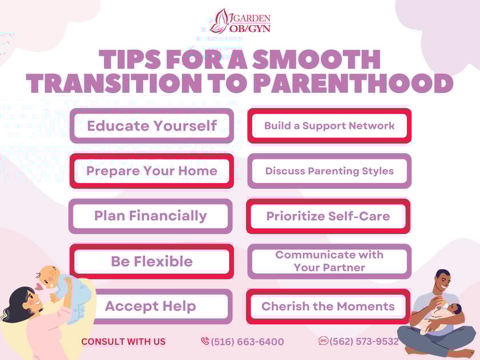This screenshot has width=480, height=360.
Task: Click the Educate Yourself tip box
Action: click(x=151, y=126)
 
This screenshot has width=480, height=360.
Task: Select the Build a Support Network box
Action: click(x=329, y=126)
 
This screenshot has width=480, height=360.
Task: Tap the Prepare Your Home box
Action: click(x=151, y=171)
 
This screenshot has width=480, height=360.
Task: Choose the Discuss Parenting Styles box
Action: click(x=329, y=171)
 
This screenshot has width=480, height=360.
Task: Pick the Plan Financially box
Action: click(x=150, y=216)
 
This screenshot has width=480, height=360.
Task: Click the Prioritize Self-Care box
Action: click(x=328, y=216)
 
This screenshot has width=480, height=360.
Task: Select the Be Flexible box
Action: click(x=151, y=261)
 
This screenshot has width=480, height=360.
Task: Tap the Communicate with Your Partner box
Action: click(x=329, y=261)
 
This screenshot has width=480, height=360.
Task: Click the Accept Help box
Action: click(x=150, y=306)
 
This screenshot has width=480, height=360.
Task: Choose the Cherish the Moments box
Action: click(x=328, y=306)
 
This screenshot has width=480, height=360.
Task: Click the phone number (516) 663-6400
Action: click(x=247, y=342)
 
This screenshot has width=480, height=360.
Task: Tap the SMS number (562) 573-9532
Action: click(x=364, y=341)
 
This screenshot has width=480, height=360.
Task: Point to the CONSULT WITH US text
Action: click(x=123, y=342)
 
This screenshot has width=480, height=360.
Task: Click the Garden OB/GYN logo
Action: click(x=240, y=21)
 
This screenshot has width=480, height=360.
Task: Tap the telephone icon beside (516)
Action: click(x=205, y=341)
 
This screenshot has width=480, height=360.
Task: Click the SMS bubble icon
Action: click(x=323, y=341)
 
